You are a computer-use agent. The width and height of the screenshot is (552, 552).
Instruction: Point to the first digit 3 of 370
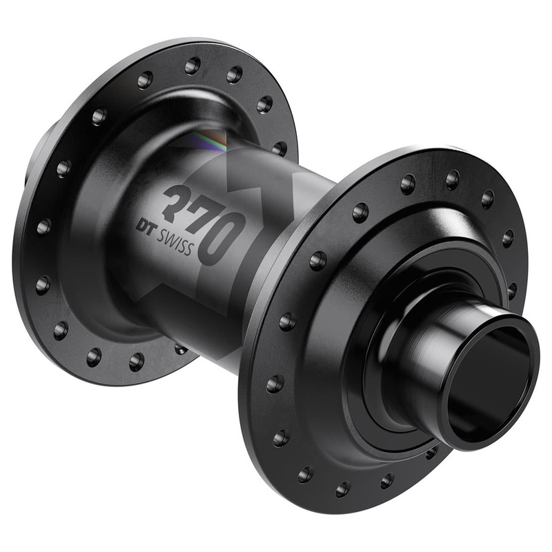click(x=172, y=200)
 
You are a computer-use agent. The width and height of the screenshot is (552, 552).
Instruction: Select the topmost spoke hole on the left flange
click(x=193, y=66)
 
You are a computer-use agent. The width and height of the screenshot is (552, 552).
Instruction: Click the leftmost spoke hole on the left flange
click(x=43, y=226)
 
